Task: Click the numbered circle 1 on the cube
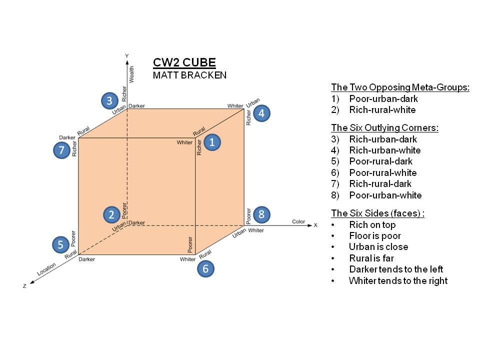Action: click(212, 142)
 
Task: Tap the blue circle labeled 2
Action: click(111, 214)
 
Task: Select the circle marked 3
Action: click(109, 100)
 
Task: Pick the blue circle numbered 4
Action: click(261, 113)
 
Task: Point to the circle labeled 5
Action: click(60, 245)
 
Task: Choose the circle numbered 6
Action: click(205, 269)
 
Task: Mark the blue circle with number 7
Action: click(61, 150)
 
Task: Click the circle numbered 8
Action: click(261, 214)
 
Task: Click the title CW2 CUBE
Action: click(184, 63)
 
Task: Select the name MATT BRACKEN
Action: click(189, 75)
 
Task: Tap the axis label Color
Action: click(298, 221)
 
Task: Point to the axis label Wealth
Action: click(132, 74)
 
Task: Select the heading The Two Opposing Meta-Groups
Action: click(400, 87)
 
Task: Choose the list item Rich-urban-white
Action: click(384, 150)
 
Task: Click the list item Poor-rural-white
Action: click(382, 172)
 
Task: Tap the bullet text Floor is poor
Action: click(375, 235)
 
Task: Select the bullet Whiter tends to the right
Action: click(398, 280)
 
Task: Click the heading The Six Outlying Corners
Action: click(384, 127)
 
